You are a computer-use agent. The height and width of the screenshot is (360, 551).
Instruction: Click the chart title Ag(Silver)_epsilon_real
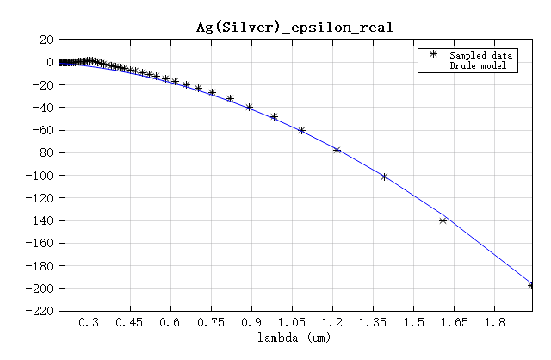coord(294,27)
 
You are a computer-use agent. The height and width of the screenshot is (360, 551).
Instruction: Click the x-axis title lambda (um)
coord(294,338)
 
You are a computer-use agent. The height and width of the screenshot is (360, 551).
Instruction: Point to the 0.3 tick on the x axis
coord(89,323)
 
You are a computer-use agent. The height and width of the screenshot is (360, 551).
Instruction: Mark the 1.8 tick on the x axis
coord(495,323)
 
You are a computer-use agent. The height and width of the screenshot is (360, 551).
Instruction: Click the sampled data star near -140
coord(443,220)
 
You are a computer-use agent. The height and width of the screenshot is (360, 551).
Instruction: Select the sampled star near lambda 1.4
coord(384,177)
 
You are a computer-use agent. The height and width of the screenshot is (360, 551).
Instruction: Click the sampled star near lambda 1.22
coord(337,150)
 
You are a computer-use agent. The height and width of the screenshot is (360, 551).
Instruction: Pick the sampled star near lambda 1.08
coord(301,130)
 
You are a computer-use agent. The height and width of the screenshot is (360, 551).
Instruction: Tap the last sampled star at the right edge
coord(531,284)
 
